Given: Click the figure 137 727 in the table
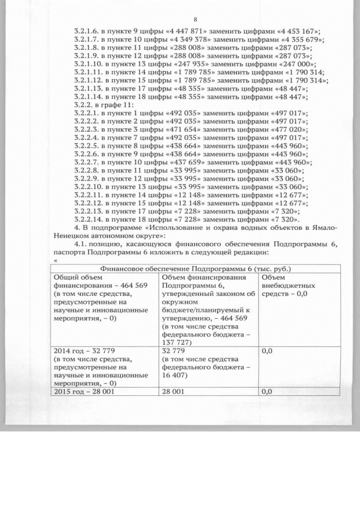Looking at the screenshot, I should (177, 341).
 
